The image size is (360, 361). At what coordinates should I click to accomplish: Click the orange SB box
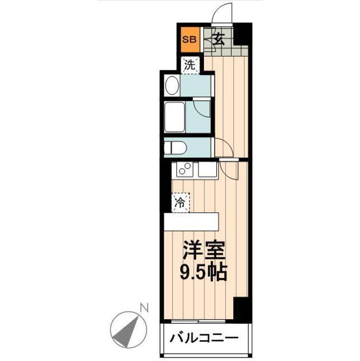pos(188,40)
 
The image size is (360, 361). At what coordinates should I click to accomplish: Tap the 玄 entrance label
pos(219,41)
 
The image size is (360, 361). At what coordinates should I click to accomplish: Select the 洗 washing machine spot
pos(190,65)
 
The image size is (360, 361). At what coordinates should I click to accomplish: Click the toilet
pos(174,148)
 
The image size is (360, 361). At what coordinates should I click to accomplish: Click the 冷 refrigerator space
pos(180,202)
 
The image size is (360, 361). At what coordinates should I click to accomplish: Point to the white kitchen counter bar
pos(190,221)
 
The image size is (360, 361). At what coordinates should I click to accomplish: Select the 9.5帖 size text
pos(203,274)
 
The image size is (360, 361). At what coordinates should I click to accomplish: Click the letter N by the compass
pos(144,309)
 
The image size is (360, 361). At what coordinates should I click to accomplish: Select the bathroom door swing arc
pos(202,109)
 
